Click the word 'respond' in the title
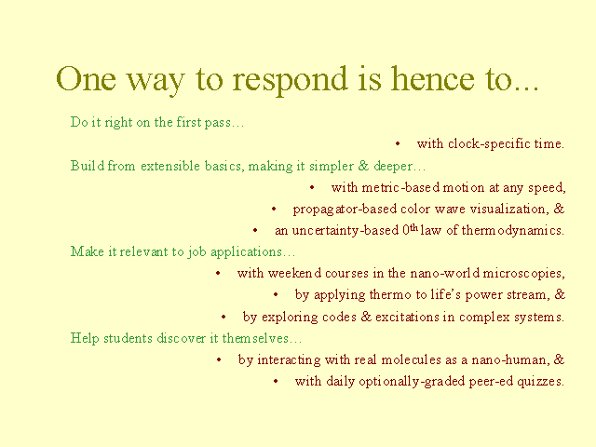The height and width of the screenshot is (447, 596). coord(290,80)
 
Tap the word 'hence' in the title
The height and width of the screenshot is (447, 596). coord(432,78)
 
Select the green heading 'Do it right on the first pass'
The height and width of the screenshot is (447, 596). coord(157,122)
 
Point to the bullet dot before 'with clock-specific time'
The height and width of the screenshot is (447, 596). coord(398,143)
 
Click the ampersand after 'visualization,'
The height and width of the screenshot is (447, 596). coord(559,209)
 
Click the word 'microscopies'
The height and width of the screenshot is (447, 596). coord(523,274)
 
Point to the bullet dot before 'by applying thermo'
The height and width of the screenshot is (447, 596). coord(276,294)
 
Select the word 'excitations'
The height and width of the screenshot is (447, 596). coord(407,317)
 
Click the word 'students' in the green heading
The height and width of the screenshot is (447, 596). coord(128,338)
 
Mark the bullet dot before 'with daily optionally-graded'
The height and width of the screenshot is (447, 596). coord(276,381)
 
